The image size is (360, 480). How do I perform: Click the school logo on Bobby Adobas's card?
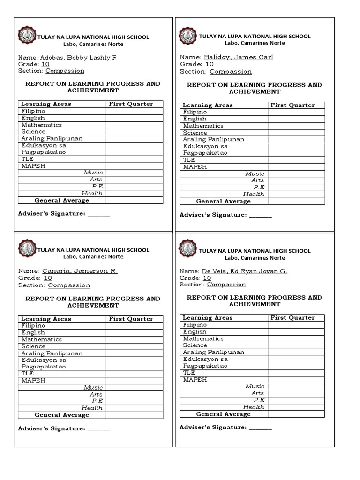coord(26,36)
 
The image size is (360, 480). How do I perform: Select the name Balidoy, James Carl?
coord(238,57)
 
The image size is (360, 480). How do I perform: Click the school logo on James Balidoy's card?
coord(188,36)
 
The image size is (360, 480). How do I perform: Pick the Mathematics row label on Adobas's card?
coord(41,125)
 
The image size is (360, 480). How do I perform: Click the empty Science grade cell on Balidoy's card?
coord(296,133)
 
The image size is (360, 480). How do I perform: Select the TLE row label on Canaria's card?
coord(27,374)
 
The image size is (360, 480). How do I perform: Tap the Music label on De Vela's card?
coord(255,386)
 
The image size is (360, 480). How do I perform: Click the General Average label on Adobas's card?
coord(61,201)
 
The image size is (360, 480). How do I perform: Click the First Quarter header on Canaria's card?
coord(131,319)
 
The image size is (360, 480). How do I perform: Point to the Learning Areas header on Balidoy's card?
coord(208,105)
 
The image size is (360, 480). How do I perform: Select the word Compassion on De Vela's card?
coord(226,285)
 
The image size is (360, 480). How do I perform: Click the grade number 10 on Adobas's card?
coord(45,64)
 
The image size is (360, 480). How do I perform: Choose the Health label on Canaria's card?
coord(92,408)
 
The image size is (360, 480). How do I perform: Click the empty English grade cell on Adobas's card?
coord(135,118)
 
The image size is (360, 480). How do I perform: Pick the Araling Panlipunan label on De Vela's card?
coord(213,352)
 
